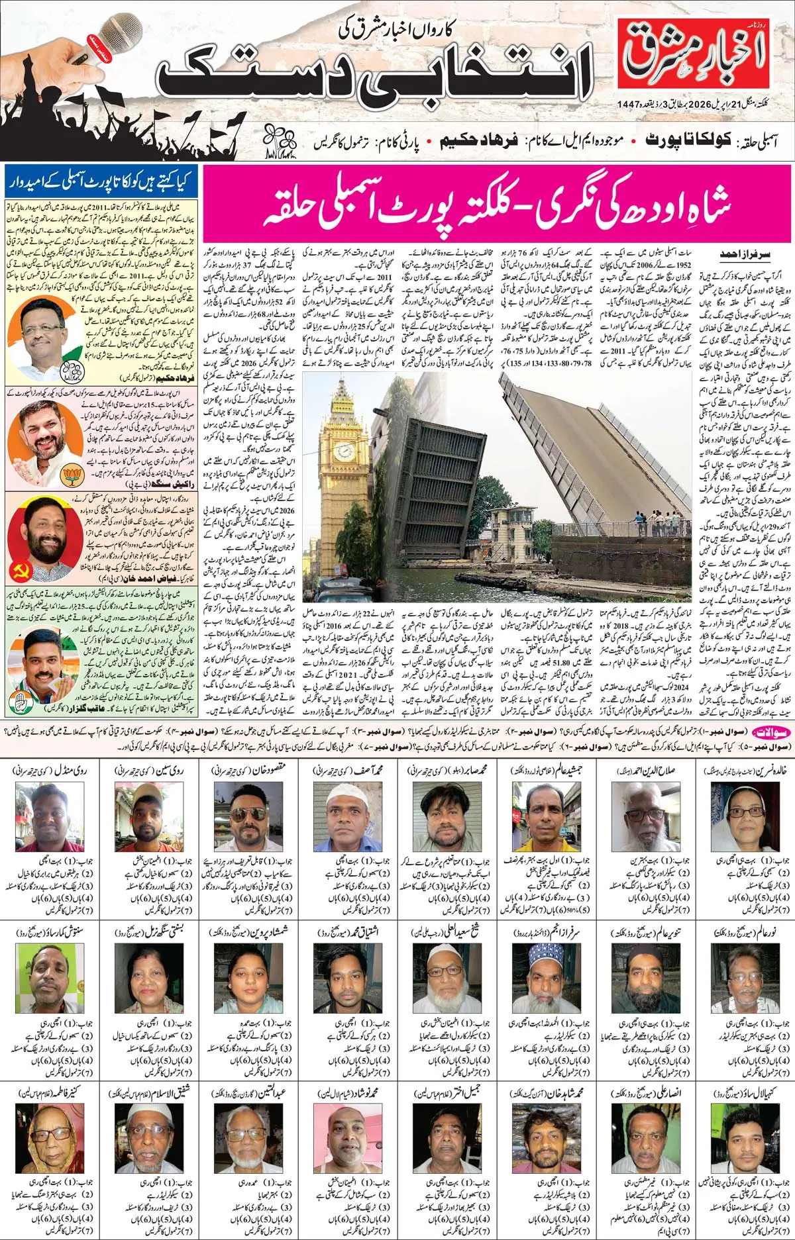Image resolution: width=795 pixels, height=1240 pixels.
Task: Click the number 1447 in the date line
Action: pyautogui.click(x=629, y=103)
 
